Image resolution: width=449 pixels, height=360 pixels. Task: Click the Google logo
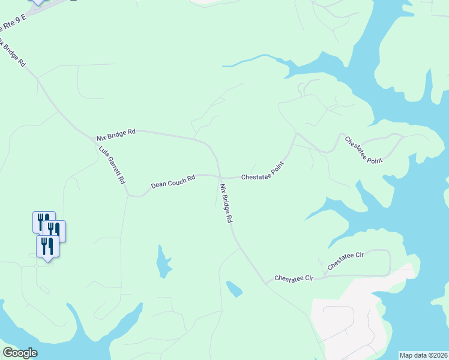tap(20, 353)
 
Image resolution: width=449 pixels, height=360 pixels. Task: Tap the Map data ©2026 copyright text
tap(423, 355)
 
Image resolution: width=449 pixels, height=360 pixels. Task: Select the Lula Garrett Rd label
tap(112, 165)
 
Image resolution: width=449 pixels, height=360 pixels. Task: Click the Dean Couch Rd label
tap(173, 181)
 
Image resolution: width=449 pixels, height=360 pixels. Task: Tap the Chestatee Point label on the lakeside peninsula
tap(364, 150)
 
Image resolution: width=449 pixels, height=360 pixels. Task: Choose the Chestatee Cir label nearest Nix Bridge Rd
tap(294, 278)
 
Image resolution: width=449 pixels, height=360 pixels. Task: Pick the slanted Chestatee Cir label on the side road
tap(346, 262)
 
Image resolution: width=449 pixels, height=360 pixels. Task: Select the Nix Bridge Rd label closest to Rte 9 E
tap(13, 53)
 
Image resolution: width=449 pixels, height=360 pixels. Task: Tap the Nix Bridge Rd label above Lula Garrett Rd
tap(116, 134)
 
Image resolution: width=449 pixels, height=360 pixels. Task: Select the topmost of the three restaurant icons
tap(43, 221)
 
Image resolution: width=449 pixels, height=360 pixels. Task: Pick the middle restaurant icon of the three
tap(54, 230)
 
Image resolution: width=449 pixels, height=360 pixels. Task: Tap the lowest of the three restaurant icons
tap(47, 245)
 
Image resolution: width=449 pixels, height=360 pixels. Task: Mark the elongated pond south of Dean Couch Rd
tap(163, 262)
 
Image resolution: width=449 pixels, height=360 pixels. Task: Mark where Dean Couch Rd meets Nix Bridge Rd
tap(219, 176)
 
